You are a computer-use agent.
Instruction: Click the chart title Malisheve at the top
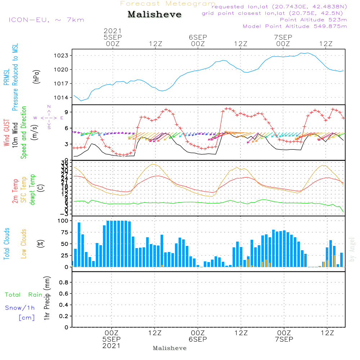[155, 15]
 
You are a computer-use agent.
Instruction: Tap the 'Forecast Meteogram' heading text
[168, 4]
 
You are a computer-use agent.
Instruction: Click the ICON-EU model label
[46, 20]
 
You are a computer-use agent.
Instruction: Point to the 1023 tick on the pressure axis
[62, 56]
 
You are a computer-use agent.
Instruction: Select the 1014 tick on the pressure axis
[62, 98]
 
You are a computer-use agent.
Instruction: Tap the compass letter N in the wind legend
[49, 107]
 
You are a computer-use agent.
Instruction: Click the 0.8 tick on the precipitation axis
[63, 283]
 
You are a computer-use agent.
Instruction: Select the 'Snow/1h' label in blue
[20, 308]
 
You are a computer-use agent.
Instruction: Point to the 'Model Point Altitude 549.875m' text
[295, 26]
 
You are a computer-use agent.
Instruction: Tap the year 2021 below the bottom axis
[112, 346]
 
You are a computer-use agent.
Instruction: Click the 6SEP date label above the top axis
[198, 37]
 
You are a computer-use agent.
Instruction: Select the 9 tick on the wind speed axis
[67, 112]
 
